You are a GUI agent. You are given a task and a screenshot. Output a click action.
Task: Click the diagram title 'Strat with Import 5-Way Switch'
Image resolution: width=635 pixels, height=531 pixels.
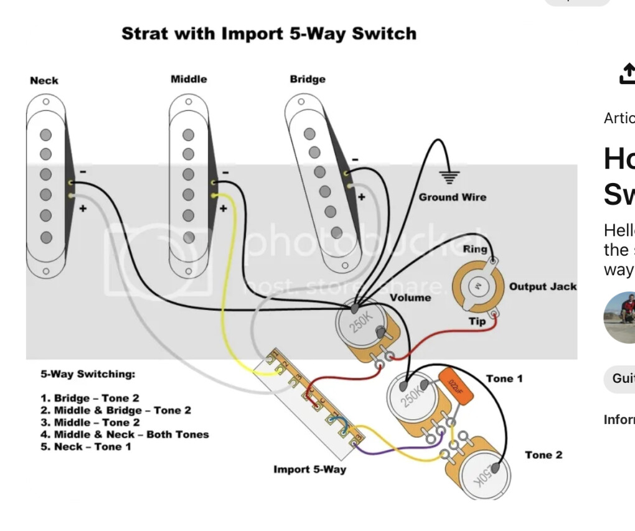point(269,34)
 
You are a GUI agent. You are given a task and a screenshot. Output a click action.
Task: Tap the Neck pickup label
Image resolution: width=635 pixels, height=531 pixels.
point(44,80)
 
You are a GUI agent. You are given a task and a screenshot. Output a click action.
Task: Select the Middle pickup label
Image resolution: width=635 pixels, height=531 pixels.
point(189,79)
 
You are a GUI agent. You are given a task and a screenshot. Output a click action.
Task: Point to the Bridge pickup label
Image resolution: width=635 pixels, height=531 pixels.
point(308,79)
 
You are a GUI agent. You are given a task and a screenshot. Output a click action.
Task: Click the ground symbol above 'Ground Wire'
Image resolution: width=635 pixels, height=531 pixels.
point(449,176)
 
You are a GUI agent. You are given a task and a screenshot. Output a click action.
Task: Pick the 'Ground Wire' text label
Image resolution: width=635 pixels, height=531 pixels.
point(453,197)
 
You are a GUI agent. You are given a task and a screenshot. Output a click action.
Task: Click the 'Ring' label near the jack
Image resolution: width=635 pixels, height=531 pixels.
point(475,249)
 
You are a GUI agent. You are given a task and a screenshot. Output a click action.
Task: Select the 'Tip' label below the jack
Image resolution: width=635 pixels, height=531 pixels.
point(477,321)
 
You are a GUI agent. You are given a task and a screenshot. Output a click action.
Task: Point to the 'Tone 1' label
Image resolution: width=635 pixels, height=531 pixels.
point(504,378)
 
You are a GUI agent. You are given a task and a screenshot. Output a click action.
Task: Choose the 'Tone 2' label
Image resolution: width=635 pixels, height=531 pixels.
point(543,455)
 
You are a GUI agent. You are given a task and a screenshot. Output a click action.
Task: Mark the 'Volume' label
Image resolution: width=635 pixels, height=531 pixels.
point(410,298)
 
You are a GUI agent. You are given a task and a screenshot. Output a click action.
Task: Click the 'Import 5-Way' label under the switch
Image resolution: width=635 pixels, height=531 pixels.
point(309,469)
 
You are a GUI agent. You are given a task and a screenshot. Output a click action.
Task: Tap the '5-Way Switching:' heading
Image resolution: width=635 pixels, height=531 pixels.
point(88,374)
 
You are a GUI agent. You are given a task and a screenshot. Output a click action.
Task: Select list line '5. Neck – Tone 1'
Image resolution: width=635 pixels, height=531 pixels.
point(86,446)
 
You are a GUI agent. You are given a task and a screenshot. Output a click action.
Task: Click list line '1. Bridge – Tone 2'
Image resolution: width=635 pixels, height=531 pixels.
point(90,398)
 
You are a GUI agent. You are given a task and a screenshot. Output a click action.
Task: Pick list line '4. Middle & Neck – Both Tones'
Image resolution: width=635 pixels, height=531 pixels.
point(125,435)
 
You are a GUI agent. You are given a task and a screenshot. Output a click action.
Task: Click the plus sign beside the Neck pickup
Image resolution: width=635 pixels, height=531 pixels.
point(82,209)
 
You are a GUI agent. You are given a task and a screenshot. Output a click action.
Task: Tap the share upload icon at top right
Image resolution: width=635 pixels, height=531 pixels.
point(626,73)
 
